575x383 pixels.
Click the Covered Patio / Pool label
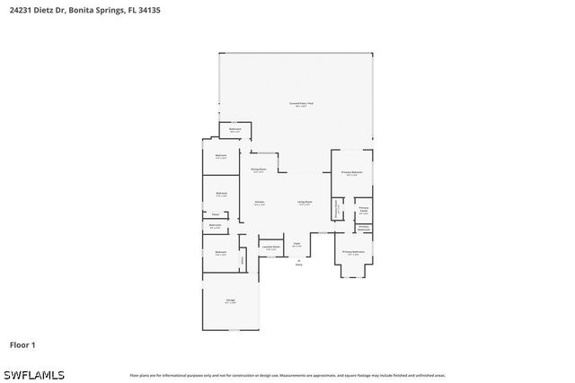(301, 105)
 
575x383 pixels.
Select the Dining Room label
(258, 170)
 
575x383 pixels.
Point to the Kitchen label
(259, 203)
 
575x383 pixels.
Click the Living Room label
(304, 203)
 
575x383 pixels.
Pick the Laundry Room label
(268, 246)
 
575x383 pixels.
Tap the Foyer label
(296, 244)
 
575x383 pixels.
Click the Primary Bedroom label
(351, 172)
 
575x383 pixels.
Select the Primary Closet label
(364, 210)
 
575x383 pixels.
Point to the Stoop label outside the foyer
(299, 263)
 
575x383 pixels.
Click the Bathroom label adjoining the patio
(234, 130)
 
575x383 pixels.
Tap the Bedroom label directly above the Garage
(221, 253)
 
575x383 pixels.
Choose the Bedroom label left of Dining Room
(221, 157)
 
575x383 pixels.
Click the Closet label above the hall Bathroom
(216, 214)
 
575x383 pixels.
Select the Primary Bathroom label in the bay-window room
(353, 253)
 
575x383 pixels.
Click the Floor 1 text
(22, 344)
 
